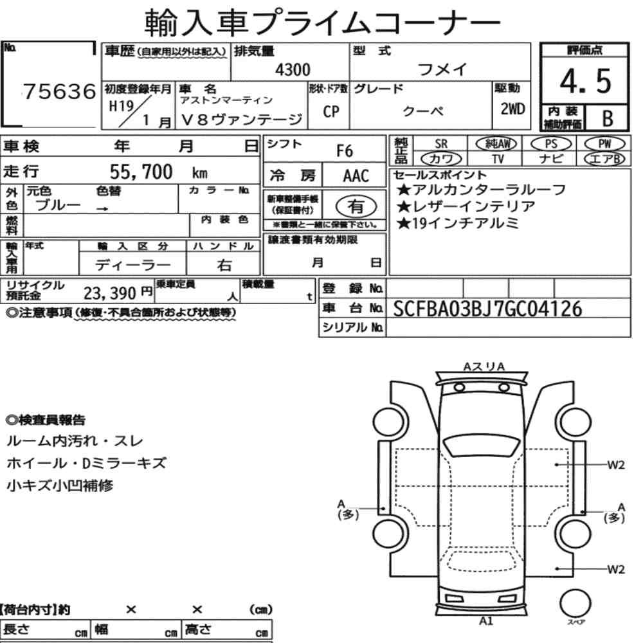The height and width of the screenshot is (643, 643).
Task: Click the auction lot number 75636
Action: point(59,91)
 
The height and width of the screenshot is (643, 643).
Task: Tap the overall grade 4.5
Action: point(585,81)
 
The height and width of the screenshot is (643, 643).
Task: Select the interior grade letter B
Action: point(608,118)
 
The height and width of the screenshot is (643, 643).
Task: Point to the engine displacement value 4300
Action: point(293,69)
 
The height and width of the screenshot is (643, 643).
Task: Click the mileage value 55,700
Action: point(141,172)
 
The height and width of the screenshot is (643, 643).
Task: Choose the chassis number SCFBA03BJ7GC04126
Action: point(487,309)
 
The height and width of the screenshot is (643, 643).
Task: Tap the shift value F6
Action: point(345,151)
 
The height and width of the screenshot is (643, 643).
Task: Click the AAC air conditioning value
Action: point(356,176)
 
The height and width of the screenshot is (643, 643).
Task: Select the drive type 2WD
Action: point(512,109)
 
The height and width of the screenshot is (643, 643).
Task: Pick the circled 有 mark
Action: point(356,206)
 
